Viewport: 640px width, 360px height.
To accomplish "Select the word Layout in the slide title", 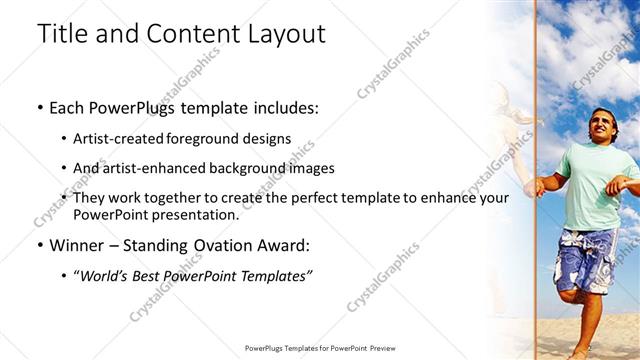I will click(x=285, y=34).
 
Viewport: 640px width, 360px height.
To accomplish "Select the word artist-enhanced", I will click(x=150, y=168).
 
